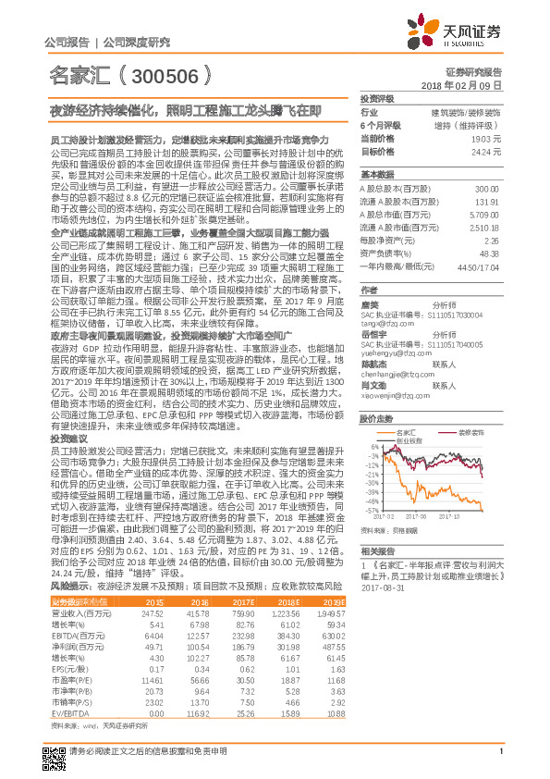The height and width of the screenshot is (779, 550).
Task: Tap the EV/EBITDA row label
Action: click(x=67, y=712)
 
